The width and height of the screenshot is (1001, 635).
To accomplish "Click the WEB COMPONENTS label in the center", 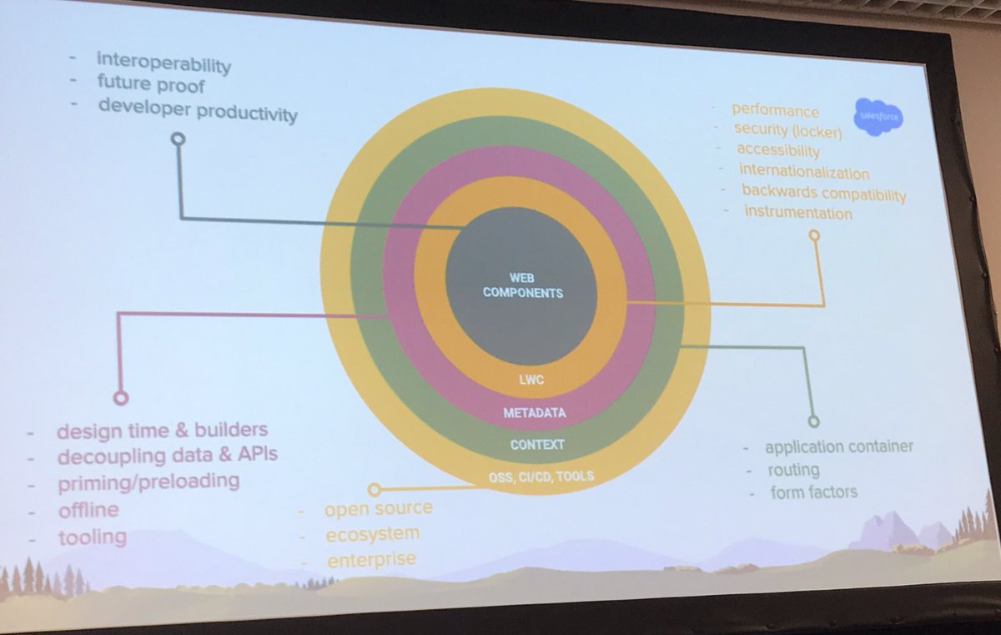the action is coord(522,285).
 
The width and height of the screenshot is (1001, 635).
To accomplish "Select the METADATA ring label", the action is coord(534,413).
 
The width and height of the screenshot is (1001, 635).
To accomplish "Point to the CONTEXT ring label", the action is coord(537,445).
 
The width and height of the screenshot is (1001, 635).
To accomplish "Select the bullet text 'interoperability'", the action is coord(163,62).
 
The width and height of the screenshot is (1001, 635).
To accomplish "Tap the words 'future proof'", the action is coord(151,84).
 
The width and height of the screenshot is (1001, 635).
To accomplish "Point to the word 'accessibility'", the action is coord(778,150).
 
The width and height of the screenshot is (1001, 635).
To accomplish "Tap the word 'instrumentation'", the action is coord(797,213).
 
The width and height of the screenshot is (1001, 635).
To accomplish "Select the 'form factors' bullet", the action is coord(813,491).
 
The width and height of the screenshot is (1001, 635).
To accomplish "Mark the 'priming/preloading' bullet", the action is coord(148,481).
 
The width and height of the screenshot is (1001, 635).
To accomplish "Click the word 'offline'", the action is coord(88,509).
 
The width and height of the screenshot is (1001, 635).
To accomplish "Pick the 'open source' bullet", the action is coord(378,508).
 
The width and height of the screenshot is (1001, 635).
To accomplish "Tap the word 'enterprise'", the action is coord(371,559).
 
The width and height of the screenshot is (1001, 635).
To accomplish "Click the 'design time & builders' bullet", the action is coord(162,430).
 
